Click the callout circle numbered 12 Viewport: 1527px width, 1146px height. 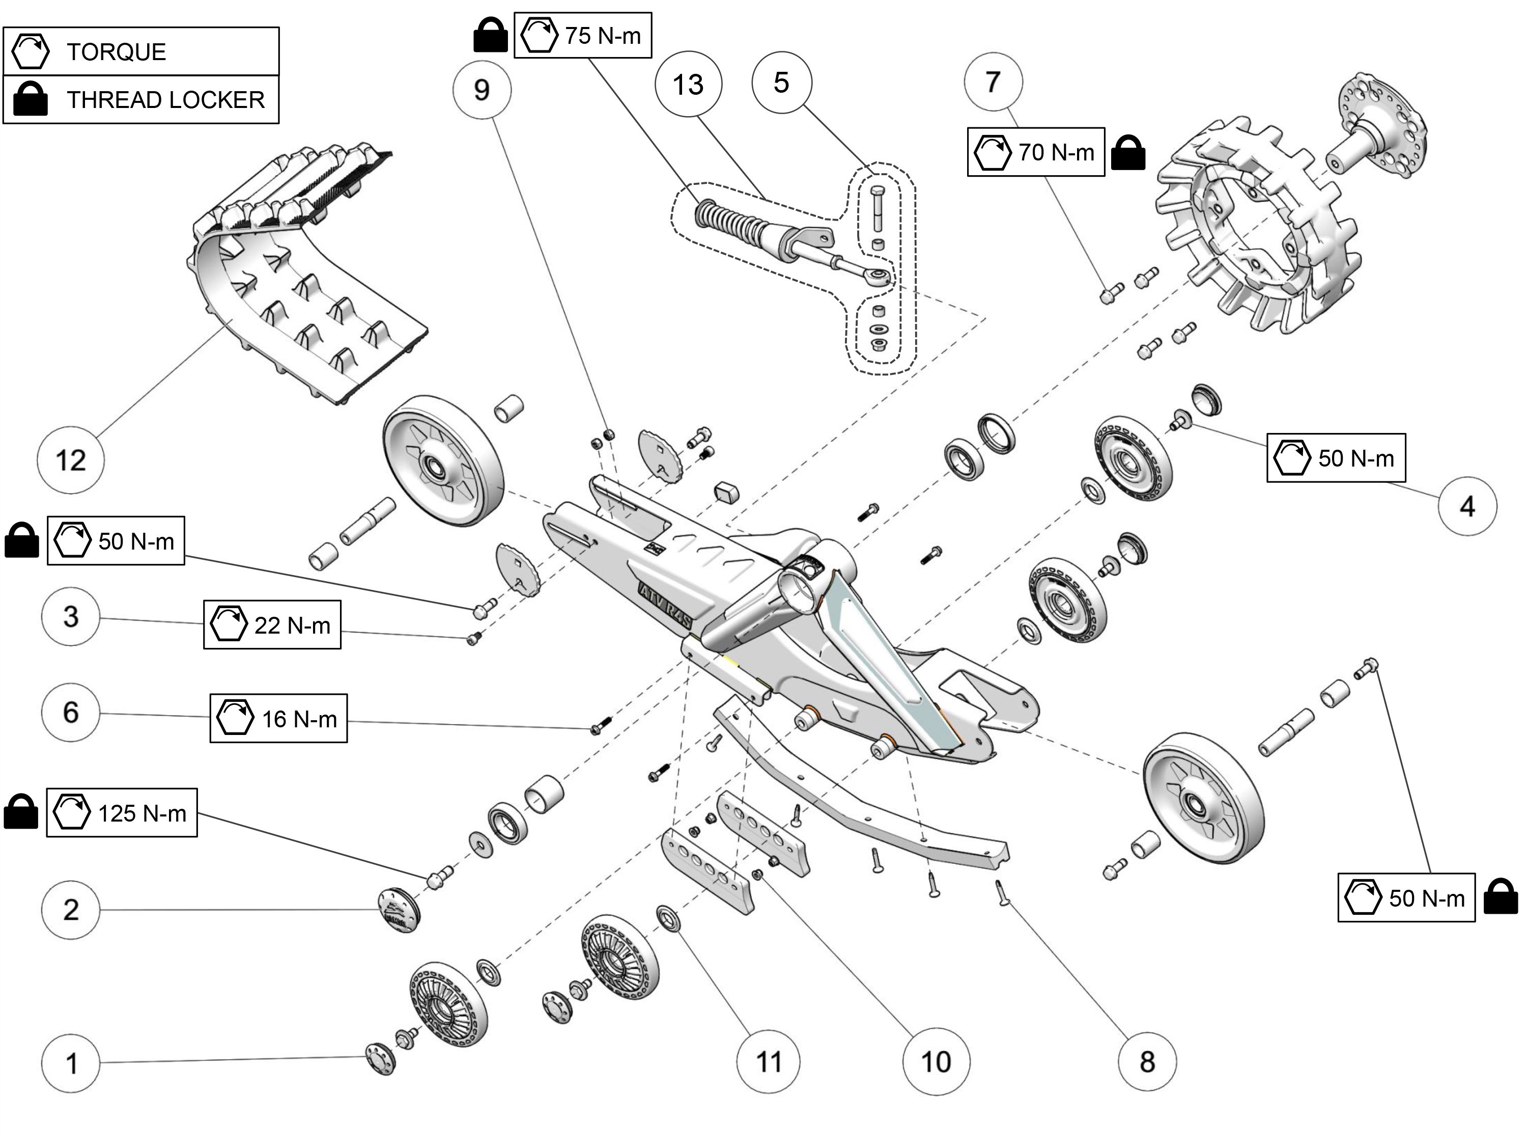tap(70, 460)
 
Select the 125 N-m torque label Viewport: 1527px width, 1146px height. tap(122, 812)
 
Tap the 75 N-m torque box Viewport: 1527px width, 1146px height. tap(583, 35)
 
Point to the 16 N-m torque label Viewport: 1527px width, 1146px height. tap(278, 718)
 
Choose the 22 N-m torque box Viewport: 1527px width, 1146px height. tap(272, 624)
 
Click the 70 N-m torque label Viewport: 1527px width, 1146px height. tap(1035, 151)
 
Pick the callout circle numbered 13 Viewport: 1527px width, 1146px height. tap(688, 84)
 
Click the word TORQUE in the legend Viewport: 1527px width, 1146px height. tap(116, 52)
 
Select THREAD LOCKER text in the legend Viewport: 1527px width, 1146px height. tap(165, 99)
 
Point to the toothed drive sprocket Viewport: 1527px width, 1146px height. tap(1256, 228)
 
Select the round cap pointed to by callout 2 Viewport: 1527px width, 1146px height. tap(399, 909)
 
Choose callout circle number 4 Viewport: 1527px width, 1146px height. tap(1467, 506)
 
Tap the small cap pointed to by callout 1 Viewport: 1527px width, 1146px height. tap(380, 1057)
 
